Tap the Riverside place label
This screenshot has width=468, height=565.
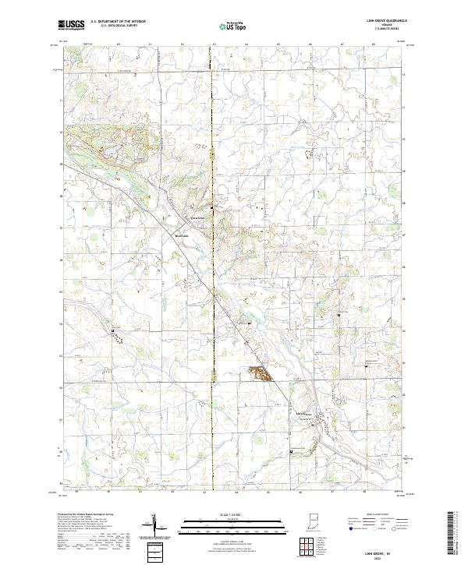(183, 235)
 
